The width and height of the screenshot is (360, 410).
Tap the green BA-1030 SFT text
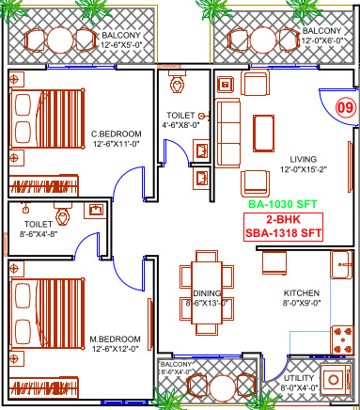(281, 202)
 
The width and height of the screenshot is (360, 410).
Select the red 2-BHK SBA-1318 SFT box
(281, 226)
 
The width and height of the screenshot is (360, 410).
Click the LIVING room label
(303, 159)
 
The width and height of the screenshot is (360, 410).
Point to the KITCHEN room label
(302, 292)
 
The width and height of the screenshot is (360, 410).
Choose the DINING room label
(194, 292)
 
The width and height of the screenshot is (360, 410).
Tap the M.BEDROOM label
(116, 338)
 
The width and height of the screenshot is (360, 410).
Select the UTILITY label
(299, 378)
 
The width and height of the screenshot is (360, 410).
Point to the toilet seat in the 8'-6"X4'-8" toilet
(64, 213)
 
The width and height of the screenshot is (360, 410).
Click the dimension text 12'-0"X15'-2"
(303, 170)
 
